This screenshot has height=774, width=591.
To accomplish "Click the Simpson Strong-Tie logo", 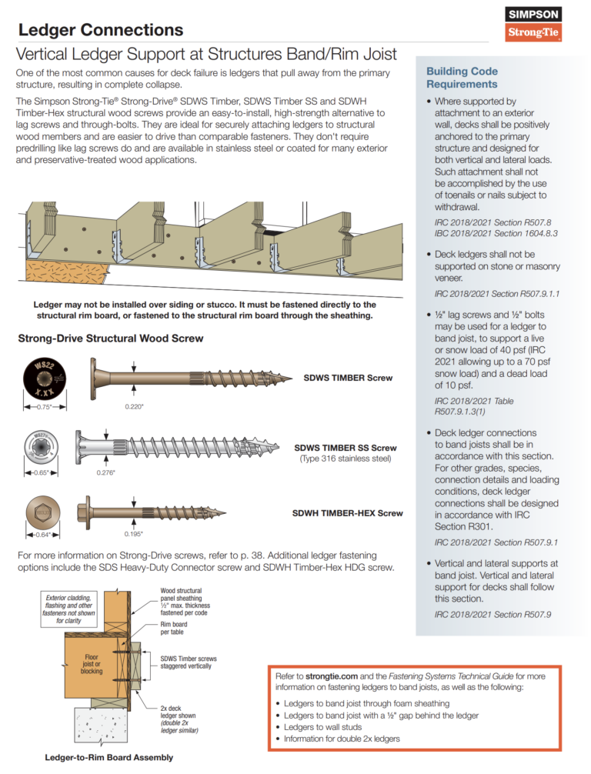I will pos(533,24).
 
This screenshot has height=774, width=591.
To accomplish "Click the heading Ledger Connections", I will pos(100,30).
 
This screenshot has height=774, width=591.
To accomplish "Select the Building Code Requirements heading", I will pos(462,78).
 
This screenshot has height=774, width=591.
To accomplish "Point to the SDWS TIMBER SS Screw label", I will pos(346,448).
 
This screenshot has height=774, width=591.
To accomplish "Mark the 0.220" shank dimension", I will pos(135,407).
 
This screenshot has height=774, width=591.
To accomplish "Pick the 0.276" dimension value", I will pos(107,472).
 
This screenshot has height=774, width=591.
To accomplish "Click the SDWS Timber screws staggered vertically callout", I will pos(188,662).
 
